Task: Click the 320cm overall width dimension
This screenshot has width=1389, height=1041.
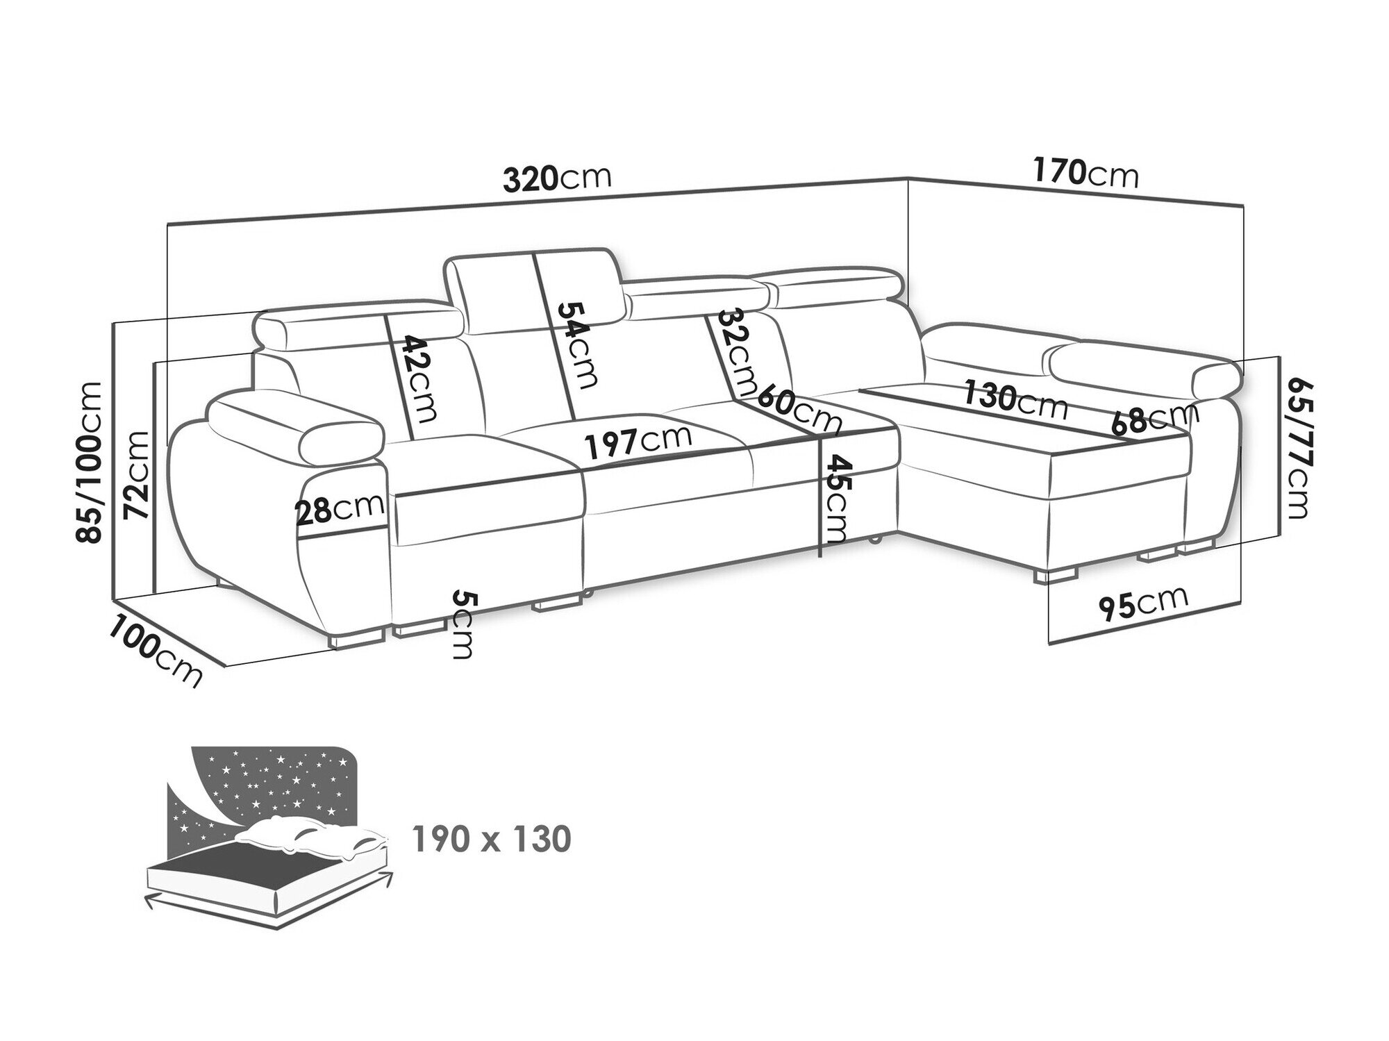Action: click(558, 179)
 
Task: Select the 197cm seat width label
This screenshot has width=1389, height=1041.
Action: click(638, 443)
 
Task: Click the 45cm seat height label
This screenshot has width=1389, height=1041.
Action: click(833, 499)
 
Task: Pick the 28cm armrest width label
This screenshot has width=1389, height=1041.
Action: click(340, 509)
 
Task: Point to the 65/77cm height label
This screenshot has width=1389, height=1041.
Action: click(1297, 447)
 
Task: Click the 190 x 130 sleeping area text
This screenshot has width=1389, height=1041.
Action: click(492, 839)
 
